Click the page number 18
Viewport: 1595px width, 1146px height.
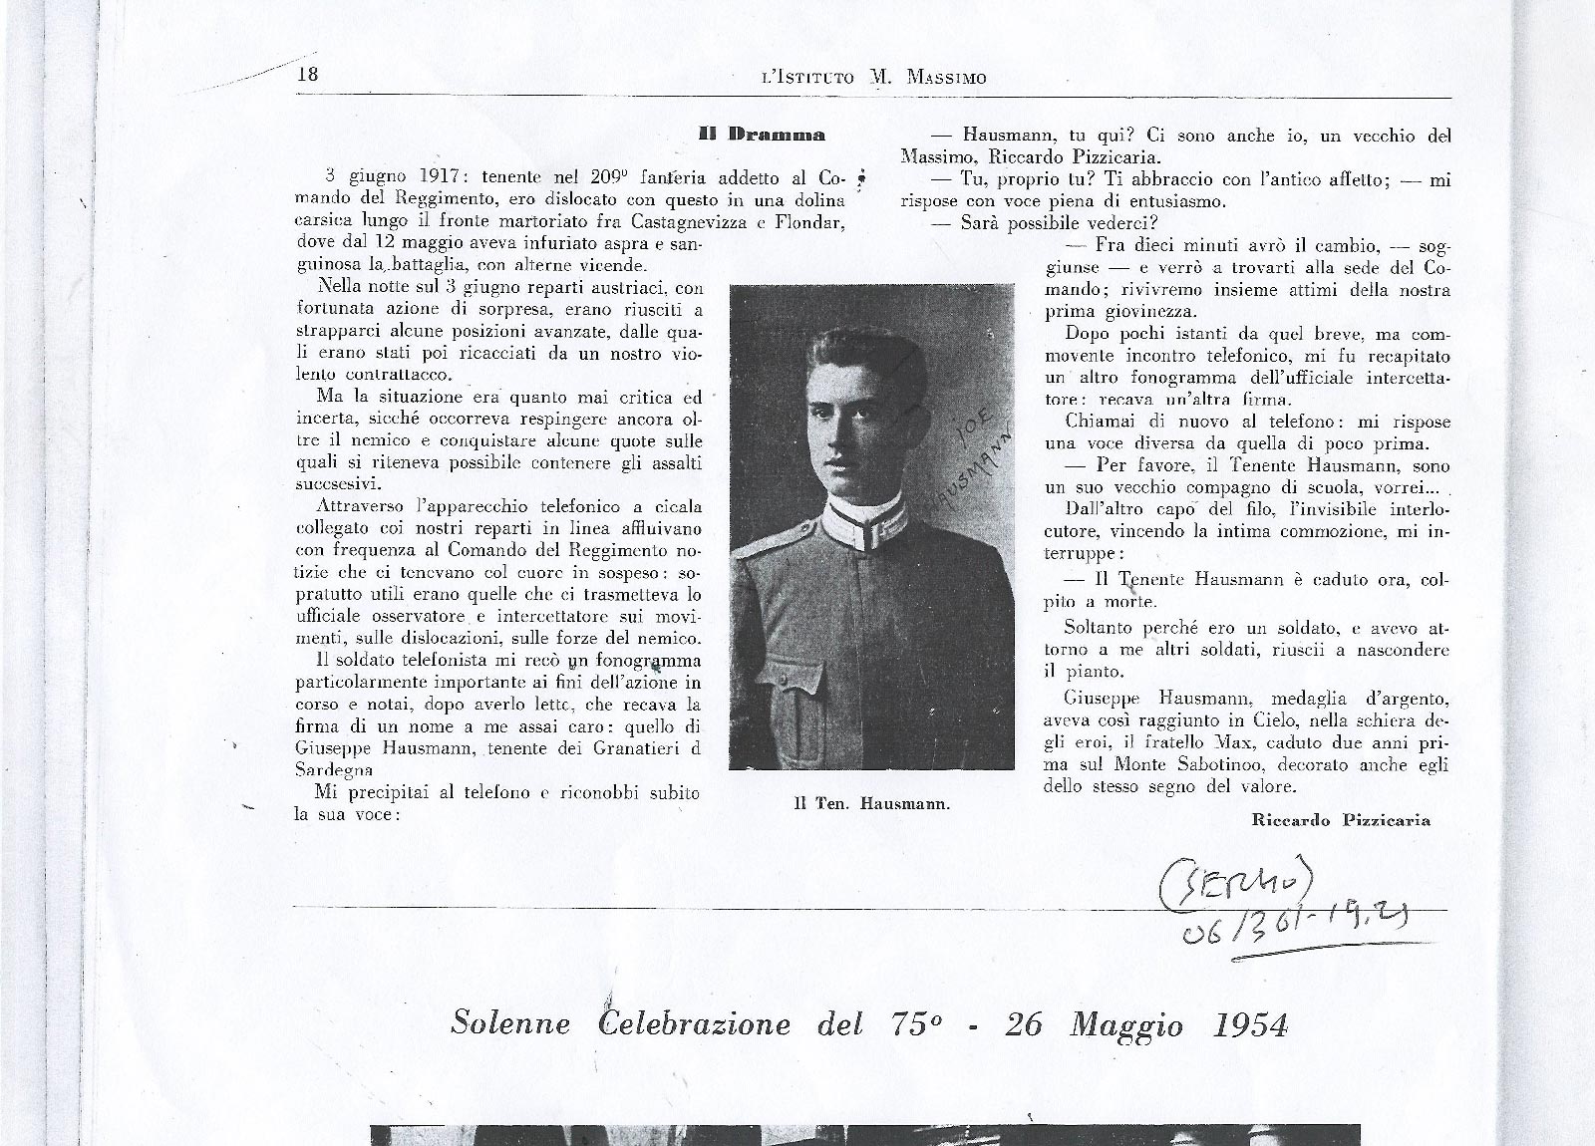[307, 75]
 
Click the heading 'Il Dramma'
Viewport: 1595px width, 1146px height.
[762, 134]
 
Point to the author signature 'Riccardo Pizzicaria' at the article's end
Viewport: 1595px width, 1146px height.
[1341, 820]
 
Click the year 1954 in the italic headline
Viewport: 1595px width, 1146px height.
[1251, 1024]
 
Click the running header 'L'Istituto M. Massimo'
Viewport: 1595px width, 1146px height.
[873, 77]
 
